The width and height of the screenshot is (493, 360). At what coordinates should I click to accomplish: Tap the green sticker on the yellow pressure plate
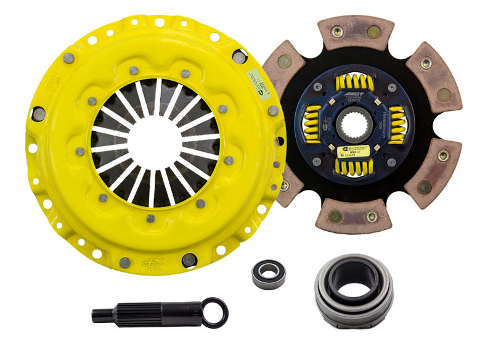257,80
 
